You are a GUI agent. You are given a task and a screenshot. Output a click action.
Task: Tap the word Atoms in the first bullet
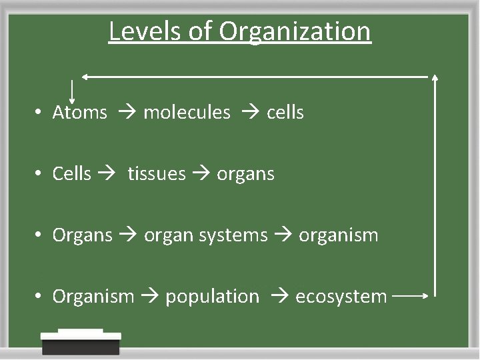(79, 112)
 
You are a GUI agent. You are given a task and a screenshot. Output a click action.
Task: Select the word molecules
(187, 112)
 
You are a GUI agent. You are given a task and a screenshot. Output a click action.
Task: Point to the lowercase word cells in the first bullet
(285, 112)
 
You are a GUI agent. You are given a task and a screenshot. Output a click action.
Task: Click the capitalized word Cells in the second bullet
(71, 174)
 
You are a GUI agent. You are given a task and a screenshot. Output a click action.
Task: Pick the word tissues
(157, 174)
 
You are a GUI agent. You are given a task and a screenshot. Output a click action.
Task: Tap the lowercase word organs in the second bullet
(245, 175)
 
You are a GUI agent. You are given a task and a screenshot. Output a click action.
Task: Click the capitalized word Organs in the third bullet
(82, 236)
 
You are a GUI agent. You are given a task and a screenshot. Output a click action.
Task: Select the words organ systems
(206, 236)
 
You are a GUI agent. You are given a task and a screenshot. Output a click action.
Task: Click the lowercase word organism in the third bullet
(338, 235)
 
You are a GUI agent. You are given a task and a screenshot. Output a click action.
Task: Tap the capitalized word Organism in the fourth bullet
(93, 297)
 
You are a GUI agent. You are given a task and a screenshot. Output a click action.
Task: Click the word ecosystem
(341, 297)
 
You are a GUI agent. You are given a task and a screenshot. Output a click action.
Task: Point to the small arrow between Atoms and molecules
(126, 112)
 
